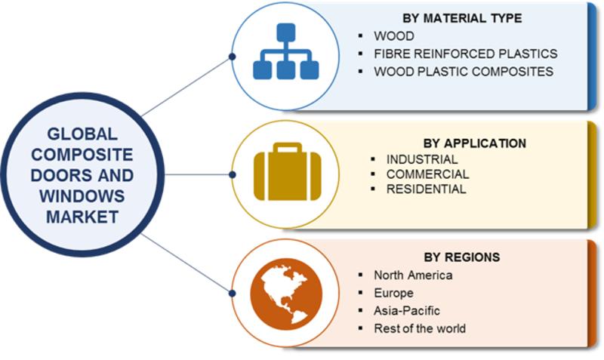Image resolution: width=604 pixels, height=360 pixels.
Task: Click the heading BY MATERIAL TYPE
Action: [x=462, y=18]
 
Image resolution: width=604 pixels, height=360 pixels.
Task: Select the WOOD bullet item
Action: [x=394, y=35]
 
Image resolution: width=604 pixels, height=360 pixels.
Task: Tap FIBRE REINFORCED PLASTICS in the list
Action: [x=466, y=54]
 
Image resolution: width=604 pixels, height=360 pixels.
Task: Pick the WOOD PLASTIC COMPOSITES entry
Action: [x=464, y=71]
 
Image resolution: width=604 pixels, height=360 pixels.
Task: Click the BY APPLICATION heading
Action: [x=475, y=143]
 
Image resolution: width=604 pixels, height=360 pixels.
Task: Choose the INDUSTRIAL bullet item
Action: [x=422, y=159]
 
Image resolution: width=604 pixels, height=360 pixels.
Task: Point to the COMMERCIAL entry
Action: [x=428, y=174]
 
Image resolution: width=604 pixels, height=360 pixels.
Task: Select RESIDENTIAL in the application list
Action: [x=427, y=189]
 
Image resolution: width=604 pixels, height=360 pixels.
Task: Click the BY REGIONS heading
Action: [x=462, y=257]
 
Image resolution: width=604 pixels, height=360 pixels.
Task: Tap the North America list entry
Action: [x=413, y=275]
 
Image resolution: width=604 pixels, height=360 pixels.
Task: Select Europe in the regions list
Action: [x=393, y=293]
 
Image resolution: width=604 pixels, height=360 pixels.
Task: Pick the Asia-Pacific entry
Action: [x=407, y=310]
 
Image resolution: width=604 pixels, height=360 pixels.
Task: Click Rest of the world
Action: [x=420, y=328]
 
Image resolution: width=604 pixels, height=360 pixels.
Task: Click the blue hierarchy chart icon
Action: [x=286, y=51]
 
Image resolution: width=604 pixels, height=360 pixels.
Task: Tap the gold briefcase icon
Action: [x=288, y=172]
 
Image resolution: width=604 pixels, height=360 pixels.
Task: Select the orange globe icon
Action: [x=286, y=294]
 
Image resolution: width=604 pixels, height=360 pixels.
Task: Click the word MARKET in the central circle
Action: [x=82, y=217]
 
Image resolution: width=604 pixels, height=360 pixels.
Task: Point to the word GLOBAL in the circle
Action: [x=82, y=134]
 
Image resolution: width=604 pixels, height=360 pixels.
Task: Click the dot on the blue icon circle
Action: [x=232, y=57]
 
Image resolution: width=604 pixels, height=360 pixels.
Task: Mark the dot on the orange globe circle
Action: [x=232, y=294]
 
